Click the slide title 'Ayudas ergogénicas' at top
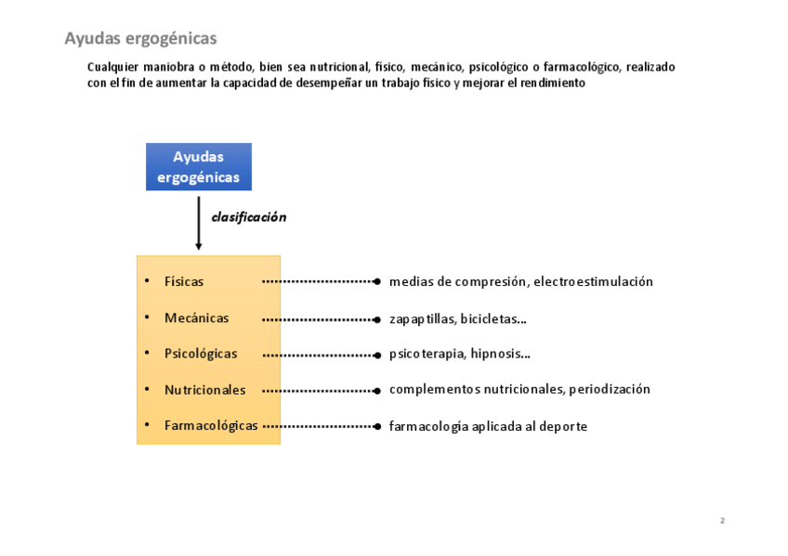pyautogui.click(x=140, y=38)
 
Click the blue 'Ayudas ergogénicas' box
pyautogui.click(x=198, y=167)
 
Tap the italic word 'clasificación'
pyautogui.click(x=249, y=217)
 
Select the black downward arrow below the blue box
pyautogui.click(x=199, y=223)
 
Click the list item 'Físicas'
pyautogui.click(x=184, y=281)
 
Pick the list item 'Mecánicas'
pyautogui.click(x=196, y=317)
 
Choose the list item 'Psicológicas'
pyautogui.click(x=201, y=354)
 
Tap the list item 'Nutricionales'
pyautogui.click(x=204, y=390)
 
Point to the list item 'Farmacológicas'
pyautogui.click(x=211, y=425)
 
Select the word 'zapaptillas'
pyautogui.click(x=421, y=318)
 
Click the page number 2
pyautogui.click(x=722, y=521)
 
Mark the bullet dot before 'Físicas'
pyautogui.click(x=147, y=280)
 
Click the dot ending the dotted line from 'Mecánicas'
pyautogui.click(x=376, y=319)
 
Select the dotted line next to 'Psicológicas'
pyautogui.click(x=318, y=355)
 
